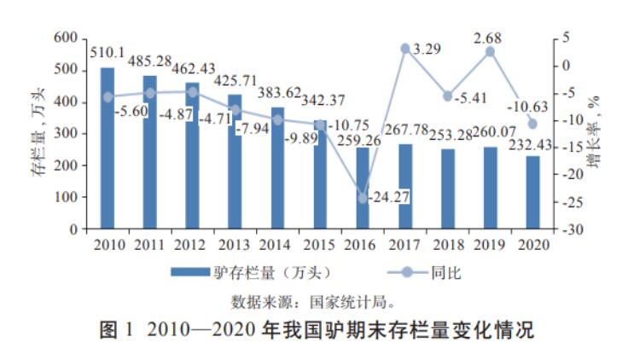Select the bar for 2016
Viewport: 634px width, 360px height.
[x=363, y=188]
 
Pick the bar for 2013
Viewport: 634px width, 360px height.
[x=235, y=161]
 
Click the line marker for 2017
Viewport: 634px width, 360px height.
[x=405, y=49]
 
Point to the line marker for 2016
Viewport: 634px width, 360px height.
[x=363, y=198]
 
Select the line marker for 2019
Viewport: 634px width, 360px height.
[x=490, y=52]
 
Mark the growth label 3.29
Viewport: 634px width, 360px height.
[x=427, y=50]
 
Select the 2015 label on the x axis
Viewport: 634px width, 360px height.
[x=320, y=245]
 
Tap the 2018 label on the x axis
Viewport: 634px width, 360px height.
[x=447, y=245]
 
